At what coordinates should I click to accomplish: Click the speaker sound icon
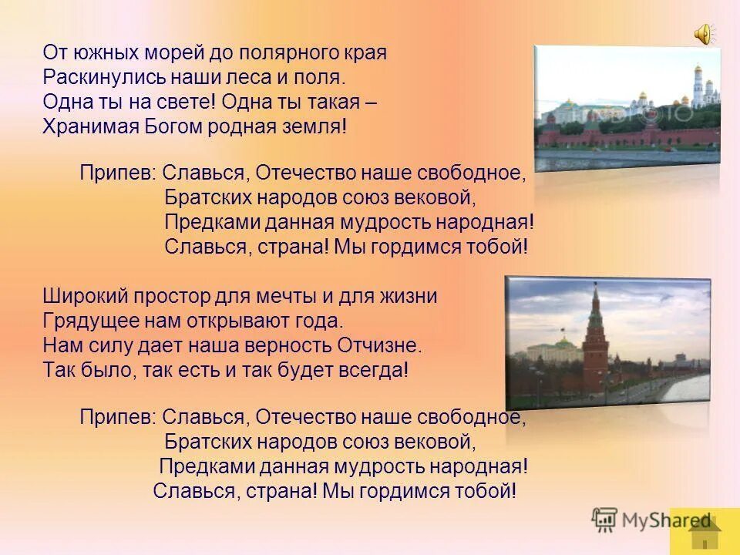click(x=704, y=33)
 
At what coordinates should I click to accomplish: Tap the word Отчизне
click(x=379, y=345)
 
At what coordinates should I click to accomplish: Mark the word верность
click(x=288, y=345)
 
